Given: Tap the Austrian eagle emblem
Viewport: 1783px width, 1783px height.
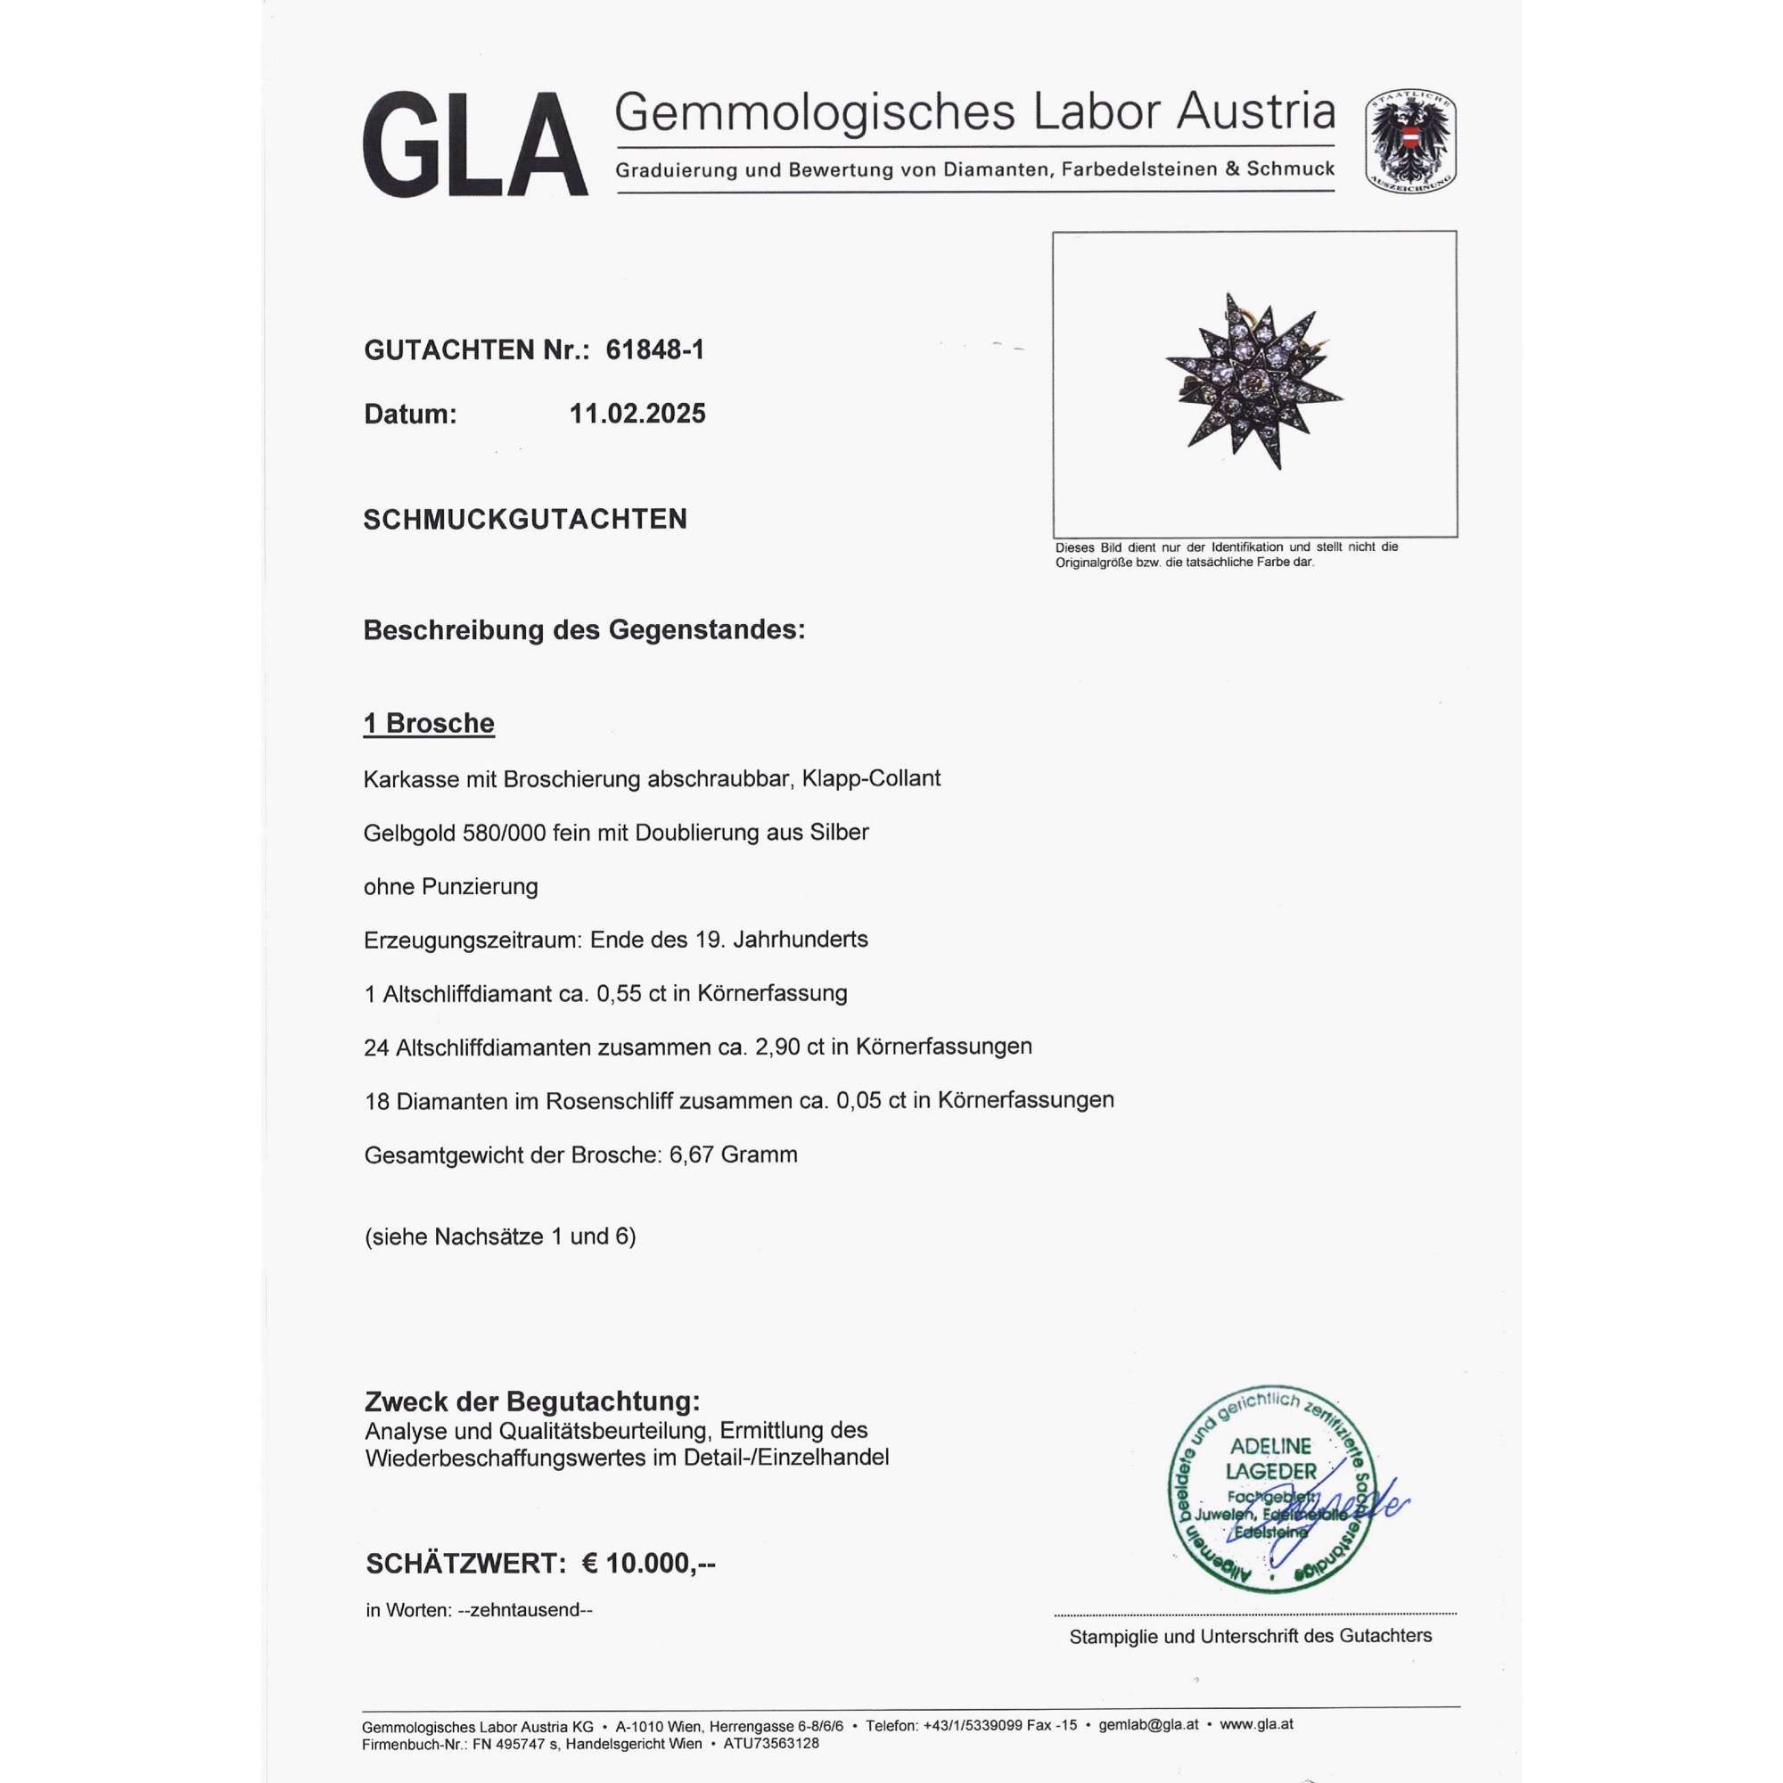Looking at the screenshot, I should point(1410,142).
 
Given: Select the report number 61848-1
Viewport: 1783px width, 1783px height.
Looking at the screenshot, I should point(654,349).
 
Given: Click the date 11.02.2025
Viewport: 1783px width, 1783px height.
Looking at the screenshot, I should point(637,414).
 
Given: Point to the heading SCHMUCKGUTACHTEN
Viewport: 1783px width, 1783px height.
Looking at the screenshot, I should point(525,520).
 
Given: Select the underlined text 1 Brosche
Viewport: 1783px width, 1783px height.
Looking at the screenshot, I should point(429,724).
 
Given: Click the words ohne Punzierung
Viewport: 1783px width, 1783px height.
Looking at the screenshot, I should point(450,887).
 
